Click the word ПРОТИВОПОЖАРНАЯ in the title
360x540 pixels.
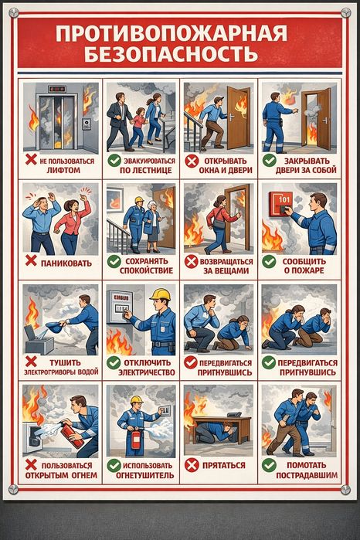(x=172, y=34)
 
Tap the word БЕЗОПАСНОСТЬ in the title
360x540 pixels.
(x=171, y=53)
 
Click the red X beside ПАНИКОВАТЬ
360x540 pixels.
(x=31, y=260)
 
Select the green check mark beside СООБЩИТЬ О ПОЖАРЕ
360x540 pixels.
(x=269, y=262)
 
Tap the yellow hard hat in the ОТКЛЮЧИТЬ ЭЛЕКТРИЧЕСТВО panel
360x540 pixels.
(x=161, y=294)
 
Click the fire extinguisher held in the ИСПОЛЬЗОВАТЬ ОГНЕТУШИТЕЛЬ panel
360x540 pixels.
(x=136, y=440)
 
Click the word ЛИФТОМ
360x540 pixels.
(x=63, y=170)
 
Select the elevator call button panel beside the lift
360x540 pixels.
(x=87, y=124)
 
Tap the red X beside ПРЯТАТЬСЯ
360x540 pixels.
(x=192, y=465)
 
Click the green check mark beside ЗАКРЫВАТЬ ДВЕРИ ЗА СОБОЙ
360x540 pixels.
(x=270, y=160)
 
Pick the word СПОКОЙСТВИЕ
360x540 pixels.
(x=147, y=270)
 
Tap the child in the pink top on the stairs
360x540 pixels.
(x=138, y=126)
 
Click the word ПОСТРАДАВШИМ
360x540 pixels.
(x=307, y=475)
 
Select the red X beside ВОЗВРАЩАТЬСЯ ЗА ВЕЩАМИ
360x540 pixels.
(x=191, y=262)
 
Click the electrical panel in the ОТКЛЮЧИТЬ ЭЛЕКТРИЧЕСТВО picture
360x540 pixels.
(x=119, y=306)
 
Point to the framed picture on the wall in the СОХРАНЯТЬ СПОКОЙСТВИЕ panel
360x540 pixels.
(x=114, y=200)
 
